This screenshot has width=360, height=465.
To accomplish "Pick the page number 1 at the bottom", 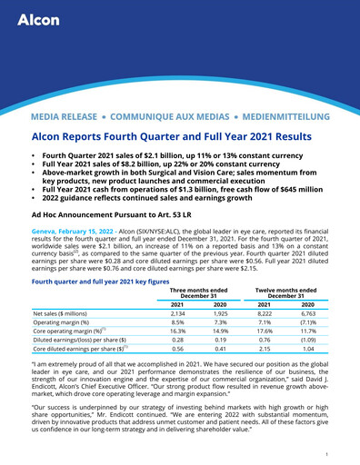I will coord(325,452).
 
